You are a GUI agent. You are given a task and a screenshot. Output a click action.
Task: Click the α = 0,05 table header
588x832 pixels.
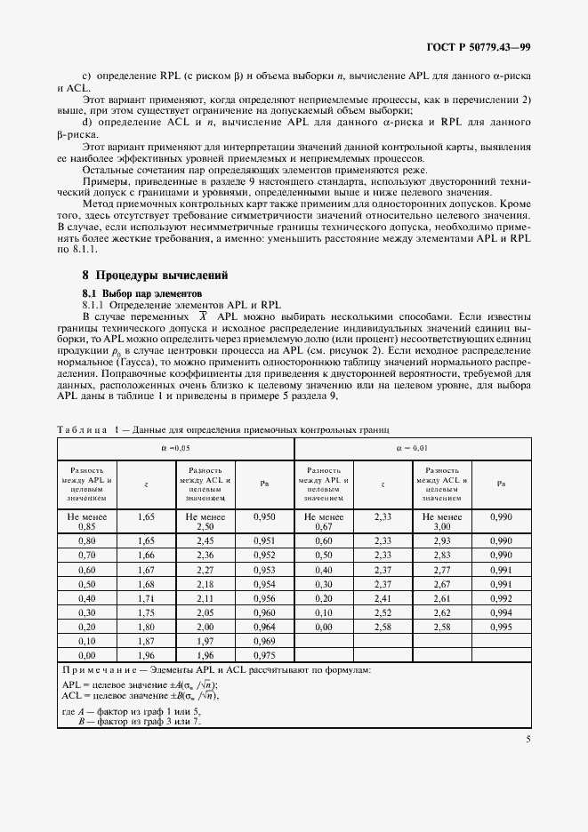click(x=175, y=449)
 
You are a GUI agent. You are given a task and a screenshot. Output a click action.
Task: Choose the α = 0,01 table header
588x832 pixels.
click(x=412, y=449)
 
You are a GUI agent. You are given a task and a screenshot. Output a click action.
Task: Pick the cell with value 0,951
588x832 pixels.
click(x=264, y=540)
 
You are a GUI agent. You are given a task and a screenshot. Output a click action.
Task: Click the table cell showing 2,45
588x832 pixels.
click(x=205, y=540)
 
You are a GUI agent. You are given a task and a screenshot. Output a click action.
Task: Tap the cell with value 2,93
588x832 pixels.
click(x=442, y=540)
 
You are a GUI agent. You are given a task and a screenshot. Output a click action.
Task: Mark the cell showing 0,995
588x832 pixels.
click(x=501, y=627)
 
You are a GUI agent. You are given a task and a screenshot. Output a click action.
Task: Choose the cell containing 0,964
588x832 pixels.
click(x=264, y=627)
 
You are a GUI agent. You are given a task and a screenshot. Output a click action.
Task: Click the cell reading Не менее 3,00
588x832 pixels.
click(x=442, y=520)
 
